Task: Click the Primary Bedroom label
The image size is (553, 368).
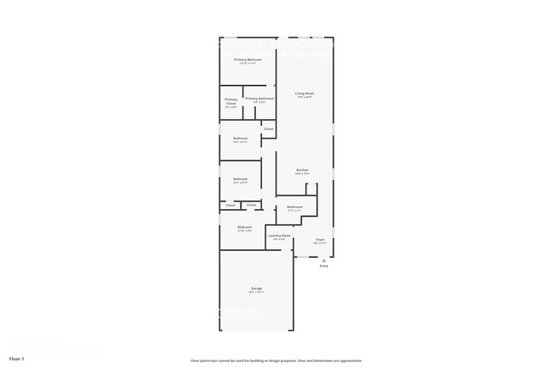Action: pyautogui.click(x=248, y=59)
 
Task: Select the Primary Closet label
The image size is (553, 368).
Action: pyautogui.click(x=231, y=100)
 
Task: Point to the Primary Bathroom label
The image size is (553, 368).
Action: pyautogui.click(x=259, y=99)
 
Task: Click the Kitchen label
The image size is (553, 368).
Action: pyautogui.click(x=302, y=170)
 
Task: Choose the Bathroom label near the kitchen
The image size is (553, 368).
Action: pyautogui.click(x=295, y=207)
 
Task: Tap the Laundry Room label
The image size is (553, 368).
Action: pyautogui.click(x=280, y=235)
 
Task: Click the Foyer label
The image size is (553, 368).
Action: pyautogui.click(x=321, y=240)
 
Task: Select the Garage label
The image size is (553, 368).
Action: pyautogui.click(x=256, y=288)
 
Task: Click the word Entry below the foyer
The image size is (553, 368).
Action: pyautogui.click(x=323, y=266)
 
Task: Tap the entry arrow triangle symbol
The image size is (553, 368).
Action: pyautogui.click(x=323, y=259)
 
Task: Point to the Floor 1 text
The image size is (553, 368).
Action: pyautogui.click(x=17, y=359)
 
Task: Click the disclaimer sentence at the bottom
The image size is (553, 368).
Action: pyautogui.click(x=276, y=360)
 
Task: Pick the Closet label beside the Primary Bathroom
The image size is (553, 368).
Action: pyautogui.click(x=268, y=129)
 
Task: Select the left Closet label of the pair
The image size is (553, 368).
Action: pyautogui.click(x=231, y=205)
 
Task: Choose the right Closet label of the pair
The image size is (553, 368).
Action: pyautogui.click(x=252, y=205)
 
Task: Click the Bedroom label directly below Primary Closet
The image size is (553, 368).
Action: pyautogui.click(x=241, y=139)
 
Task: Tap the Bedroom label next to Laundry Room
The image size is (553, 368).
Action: pyautogui.click(x=244, y=227)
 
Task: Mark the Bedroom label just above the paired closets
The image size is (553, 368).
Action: pyautogui.click(x=241, y=178)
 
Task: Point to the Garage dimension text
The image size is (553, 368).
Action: pyautogui.click(x=256, y=292)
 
